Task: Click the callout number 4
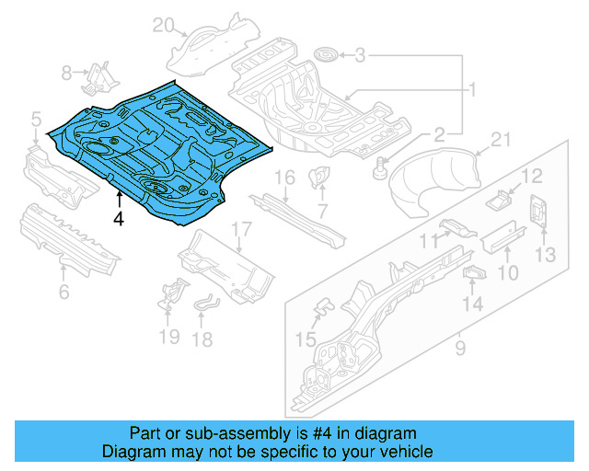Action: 117,218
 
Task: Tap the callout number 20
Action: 163,25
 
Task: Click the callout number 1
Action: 471,90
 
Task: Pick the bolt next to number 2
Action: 379,167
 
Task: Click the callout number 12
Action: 534,176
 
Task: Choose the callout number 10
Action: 507,273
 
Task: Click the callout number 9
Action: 460,349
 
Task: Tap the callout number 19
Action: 168,337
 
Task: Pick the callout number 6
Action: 64,293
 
